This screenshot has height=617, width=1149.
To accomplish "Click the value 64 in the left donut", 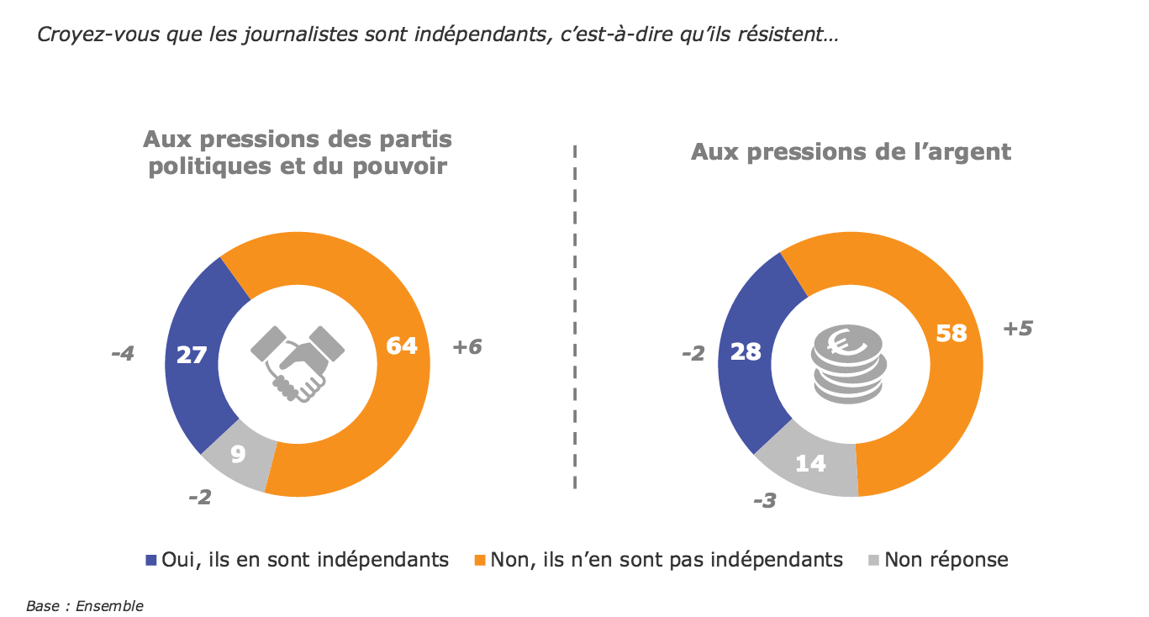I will [x=401, y=345].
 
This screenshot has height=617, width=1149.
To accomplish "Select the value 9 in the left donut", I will [x=238, y=455].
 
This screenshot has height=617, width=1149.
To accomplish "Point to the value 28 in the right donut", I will [x=745, y=351].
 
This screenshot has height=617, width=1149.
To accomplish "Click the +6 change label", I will [x=466, y=346].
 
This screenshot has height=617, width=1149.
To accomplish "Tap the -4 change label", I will [x=123, y=354].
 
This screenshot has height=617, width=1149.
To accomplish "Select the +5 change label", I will [x=1017, y=329].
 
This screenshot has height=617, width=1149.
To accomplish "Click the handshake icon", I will [x=298, y=362].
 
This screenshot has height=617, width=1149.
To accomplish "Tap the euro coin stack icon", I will [x=847, y=365].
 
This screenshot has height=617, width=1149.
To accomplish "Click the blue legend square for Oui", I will [x=151, y=560].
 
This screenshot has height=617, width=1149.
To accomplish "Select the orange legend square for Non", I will [x=481, y=560].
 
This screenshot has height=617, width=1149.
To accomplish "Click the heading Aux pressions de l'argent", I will [x=851, y=152].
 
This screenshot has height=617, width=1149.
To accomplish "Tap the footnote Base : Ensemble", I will [x=85, y=605].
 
